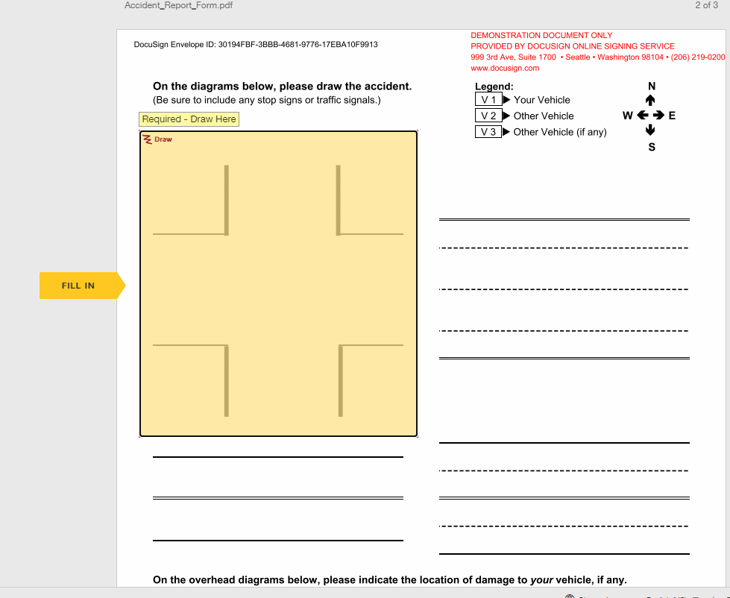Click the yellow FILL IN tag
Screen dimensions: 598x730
79,286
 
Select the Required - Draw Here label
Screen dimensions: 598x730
189,119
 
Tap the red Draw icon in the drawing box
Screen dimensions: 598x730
148,139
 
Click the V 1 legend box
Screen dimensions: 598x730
488,100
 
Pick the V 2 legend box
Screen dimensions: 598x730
488,116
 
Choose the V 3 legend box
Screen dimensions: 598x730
488,132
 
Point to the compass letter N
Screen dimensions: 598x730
652,86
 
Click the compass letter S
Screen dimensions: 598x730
652,147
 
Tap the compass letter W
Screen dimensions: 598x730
627,116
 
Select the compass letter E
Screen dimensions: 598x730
672,116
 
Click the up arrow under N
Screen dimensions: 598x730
651,100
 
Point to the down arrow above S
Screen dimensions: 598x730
651,131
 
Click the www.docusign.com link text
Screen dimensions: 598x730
505,68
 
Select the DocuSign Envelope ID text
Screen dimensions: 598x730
255,45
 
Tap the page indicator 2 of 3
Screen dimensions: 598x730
705,5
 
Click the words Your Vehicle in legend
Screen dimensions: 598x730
541,100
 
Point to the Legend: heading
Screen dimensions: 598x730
494,86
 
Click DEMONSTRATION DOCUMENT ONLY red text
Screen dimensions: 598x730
541,35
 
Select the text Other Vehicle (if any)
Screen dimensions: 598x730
559,132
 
